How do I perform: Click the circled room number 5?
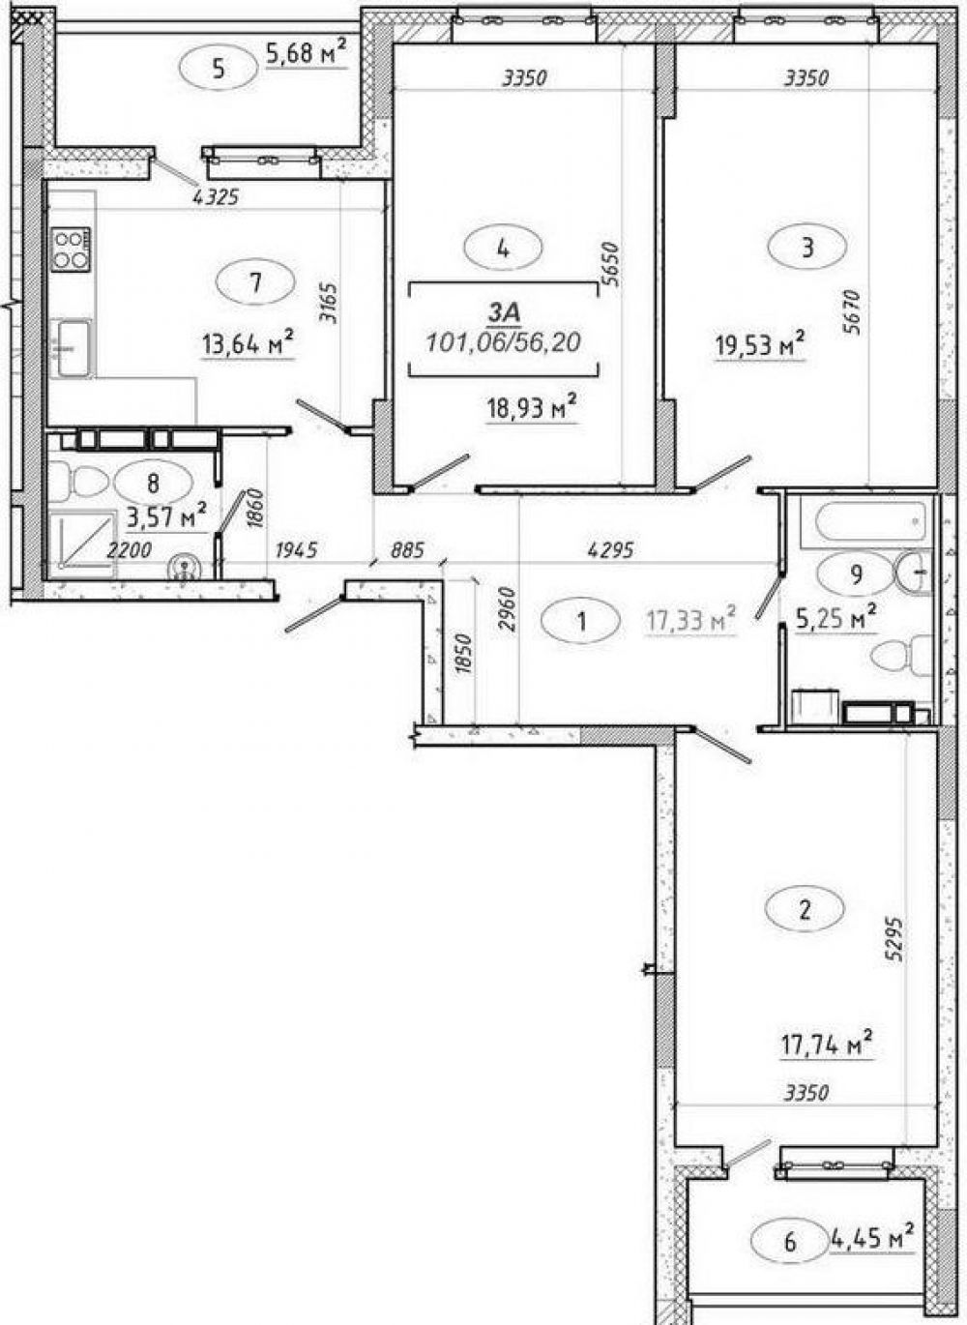point(219,70)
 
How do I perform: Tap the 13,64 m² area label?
point(249,343)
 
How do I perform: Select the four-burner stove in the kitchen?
point(71,250)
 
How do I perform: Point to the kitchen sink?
point(73,348)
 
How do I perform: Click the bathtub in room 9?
point(870,520)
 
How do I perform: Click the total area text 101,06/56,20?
point(503,342)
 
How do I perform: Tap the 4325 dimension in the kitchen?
point(216,197)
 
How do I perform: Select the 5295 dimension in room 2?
point(896,939)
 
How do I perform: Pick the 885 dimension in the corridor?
point(407,550)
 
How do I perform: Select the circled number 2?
point(805,911)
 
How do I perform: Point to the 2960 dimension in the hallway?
point(509,609)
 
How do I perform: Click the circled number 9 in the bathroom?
point(856,574)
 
